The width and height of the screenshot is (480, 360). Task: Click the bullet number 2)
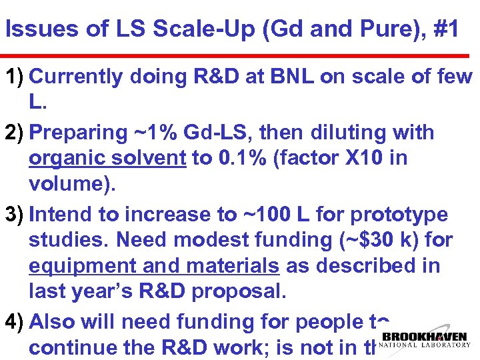[15, 133]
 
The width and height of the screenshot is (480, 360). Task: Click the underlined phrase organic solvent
[107, 159]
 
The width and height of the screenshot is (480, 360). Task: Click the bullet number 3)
[15, 215]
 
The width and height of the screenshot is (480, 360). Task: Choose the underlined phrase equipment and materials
[154, 266]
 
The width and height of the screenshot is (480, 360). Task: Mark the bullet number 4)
[15, 322]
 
